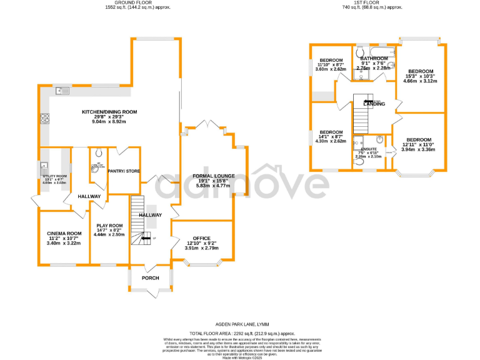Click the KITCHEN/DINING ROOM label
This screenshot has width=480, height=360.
tap(109, 112)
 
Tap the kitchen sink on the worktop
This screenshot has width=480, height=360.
tap(62, 91)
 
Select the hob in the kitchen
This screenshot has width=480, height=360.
tap(46, 119)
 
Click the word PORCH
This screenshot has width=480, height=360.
tap(151, 278)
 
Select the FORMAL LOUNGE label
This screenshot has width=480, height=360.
tap(213, 176)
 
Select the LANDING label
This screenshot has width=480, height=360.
tap(374, 104)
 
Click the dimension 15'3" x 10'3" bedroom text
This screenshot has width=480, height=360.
tap(420, 76)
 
